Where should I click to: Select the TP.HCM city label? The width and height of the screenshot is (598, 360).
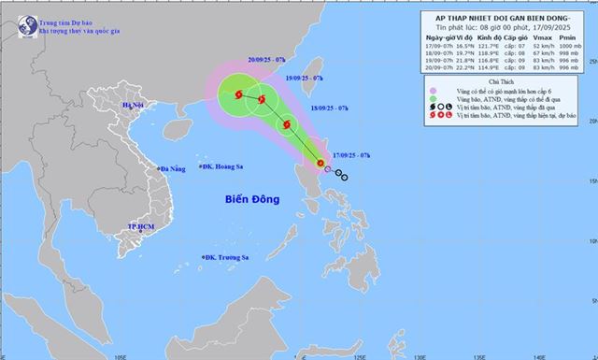[143, 227]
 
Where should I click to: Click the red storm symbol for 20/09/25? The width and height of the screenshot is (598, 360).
[240, 94]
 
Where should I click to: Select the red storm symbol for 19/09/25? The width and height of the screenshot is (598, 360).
[263, 100]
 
